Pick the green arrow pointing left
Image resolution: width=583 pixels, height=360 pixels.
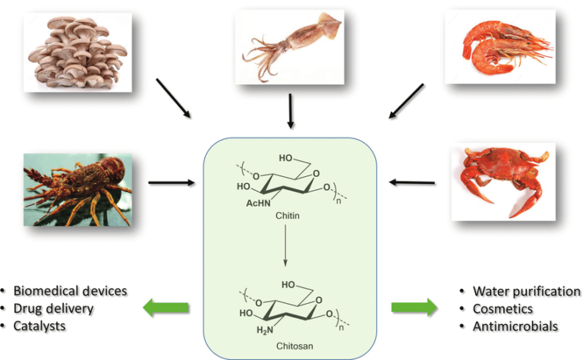[x=167, y=308]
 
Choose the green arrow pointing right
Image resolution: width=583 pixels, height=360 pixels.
[x=414, y=308]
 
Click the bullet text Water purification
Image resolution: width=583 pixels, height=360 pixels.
[x=526, y=292]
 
